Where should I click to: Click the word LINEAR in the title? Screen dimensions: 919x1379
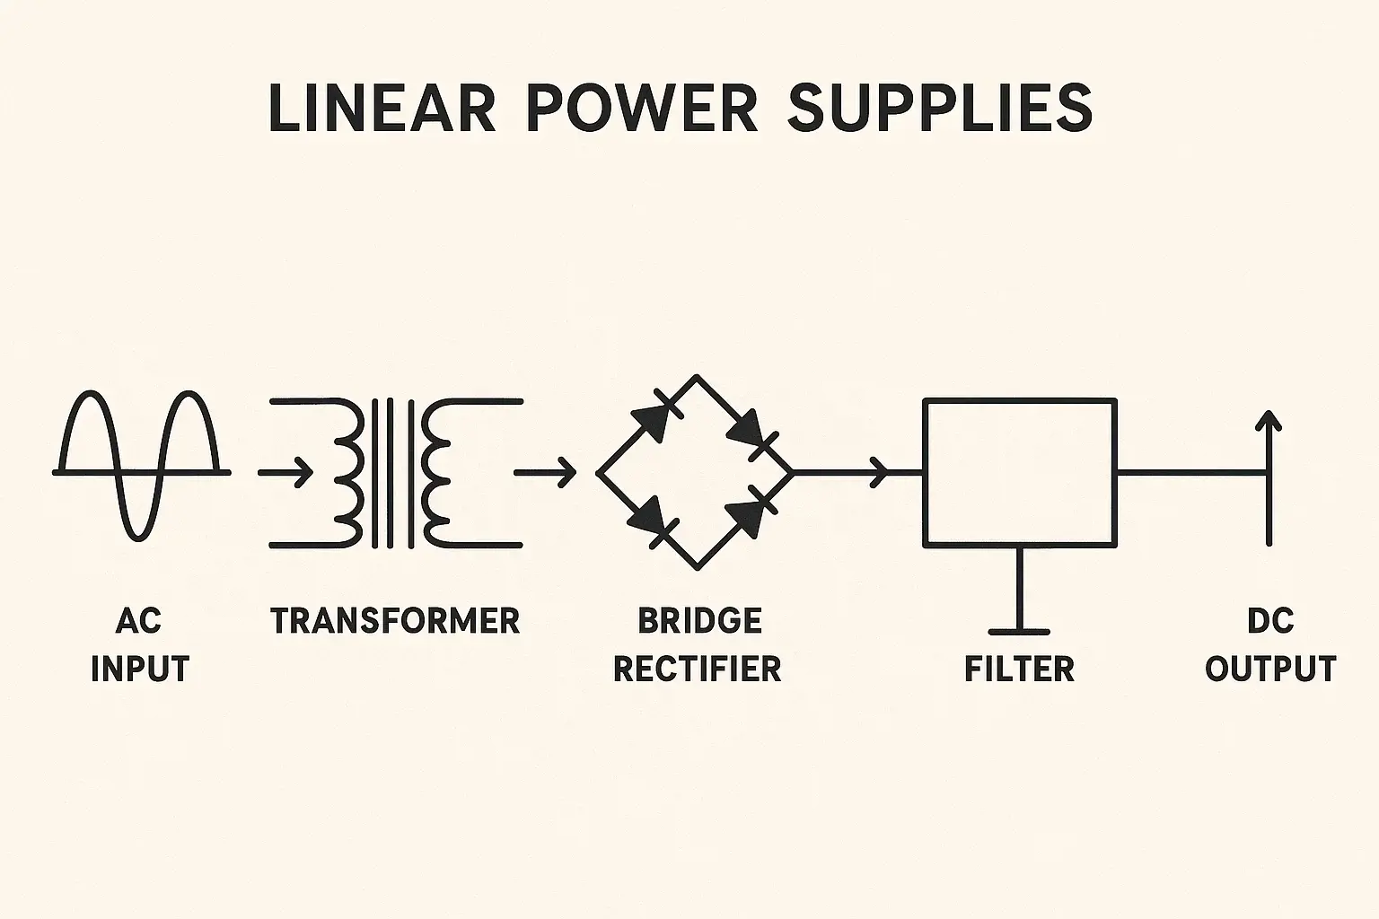(x=382, y=109)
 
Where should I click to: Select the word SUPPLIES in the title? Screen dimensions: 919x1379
(x=940, y=109)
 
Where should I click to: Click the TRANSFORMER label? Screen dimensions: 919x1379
(x=395, y=621)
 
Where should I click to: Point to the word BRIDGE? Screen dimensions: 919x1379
(x=699, y=621)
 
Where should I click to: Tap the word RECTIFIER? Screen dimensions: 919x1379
(x=698, y=669)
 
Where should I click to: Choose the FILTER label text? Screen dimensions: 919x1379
(x=1019, y=669)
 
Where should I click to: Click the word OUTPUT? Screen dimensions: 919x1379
(x=1270, y=669)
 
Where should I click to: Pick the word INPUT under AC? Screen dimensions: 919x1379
(x=140, y=669)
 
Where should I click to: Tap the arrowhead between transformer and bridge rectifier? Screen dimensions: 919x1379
(x=566, y=471)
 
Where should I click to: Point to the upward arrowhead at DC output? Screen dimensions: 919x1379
(x=1269, y=422)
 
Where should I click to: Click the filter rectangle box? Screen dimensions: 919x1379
(x=1020, y=473)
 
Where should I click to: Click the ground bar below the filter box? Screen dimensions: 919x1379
(x=1019, y=631)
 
